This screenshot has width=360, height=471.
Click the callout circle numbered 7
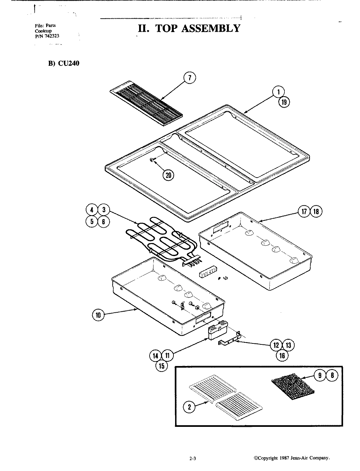[x=190, y=78]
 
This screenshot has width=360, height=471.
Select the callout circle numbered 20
[x=168, y=175]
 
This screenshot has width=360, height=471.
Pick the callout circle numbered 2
[x=189, y=407]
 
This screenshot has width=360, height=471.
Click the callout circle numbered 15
[x=161, y=366]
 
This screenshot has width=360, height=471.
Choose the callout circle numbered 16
[x=282, y=356]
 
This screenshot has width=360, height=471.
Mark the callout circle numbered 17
[x=304, y=212]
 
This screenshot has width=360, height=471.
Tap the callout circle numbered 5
[x=92, y=221]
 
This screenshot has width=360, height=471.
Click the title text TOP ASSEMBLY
[x=189, y=28]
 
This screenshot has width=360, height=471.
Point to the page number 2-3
[x=192, y=459]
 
